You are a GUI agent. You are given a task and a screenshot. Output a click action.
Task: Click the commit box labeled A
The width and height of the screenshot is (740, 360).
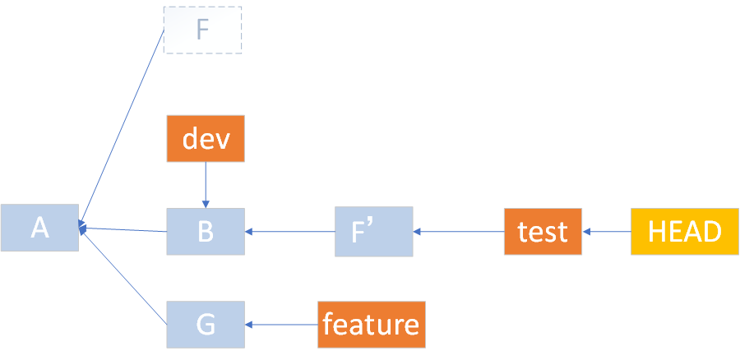point(39,228)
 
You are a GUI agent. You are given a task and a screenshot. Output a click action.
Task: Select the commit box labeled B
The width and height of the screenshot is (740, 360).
point(206,232)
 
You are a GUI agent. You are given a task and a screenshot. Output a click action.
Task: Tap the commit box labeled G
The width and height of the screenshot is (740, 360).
point(206,325)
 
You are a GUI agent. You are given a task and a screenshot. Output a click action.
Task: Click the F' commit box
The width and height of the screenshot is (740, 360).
point(374,232)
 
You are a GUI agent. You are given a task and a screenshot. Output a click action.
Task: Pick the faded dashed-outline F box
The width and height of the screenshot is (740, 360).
point(203,30)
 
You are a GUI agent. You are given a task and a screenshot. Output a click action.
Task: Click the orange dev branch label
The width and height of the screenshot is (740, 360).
point(206,139)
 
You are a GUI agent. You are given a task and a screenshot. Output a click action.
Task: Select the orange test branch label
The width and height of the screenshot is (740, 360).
point(543,232)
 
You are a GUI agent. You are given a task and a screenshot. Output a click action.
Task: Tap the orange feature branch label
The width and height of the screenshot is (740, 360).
point(371,325)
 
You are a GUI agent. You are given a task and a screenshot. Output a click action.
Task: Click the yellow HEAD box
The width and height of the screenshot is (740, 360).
point(685,232)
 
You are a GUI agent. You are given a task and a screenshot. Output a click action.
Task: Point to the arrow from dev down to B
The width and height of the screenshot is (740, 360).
point(206,185)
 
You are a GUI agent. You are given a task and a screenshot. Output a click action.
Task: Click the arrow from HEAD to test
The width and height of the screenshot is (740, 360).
point(607,232)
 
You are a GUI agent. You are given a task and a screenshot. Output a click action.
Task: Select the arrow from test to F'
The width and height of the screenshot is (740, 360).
point(458,232)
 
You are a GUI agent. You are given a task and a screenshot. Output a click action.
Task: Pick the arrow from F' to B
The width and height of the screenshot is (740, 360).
point(289,232)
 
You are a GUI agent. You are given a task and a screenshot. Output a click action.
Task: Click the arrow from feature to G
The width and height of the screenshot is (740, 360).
point(281,325)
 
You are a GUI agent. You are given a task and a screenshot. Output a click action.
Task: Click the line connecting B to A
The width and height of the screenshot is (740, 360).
point(123,229)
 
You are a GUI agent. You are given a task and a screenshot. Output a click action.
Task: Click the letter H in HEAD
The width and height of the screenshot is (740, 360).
point(657,232)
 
